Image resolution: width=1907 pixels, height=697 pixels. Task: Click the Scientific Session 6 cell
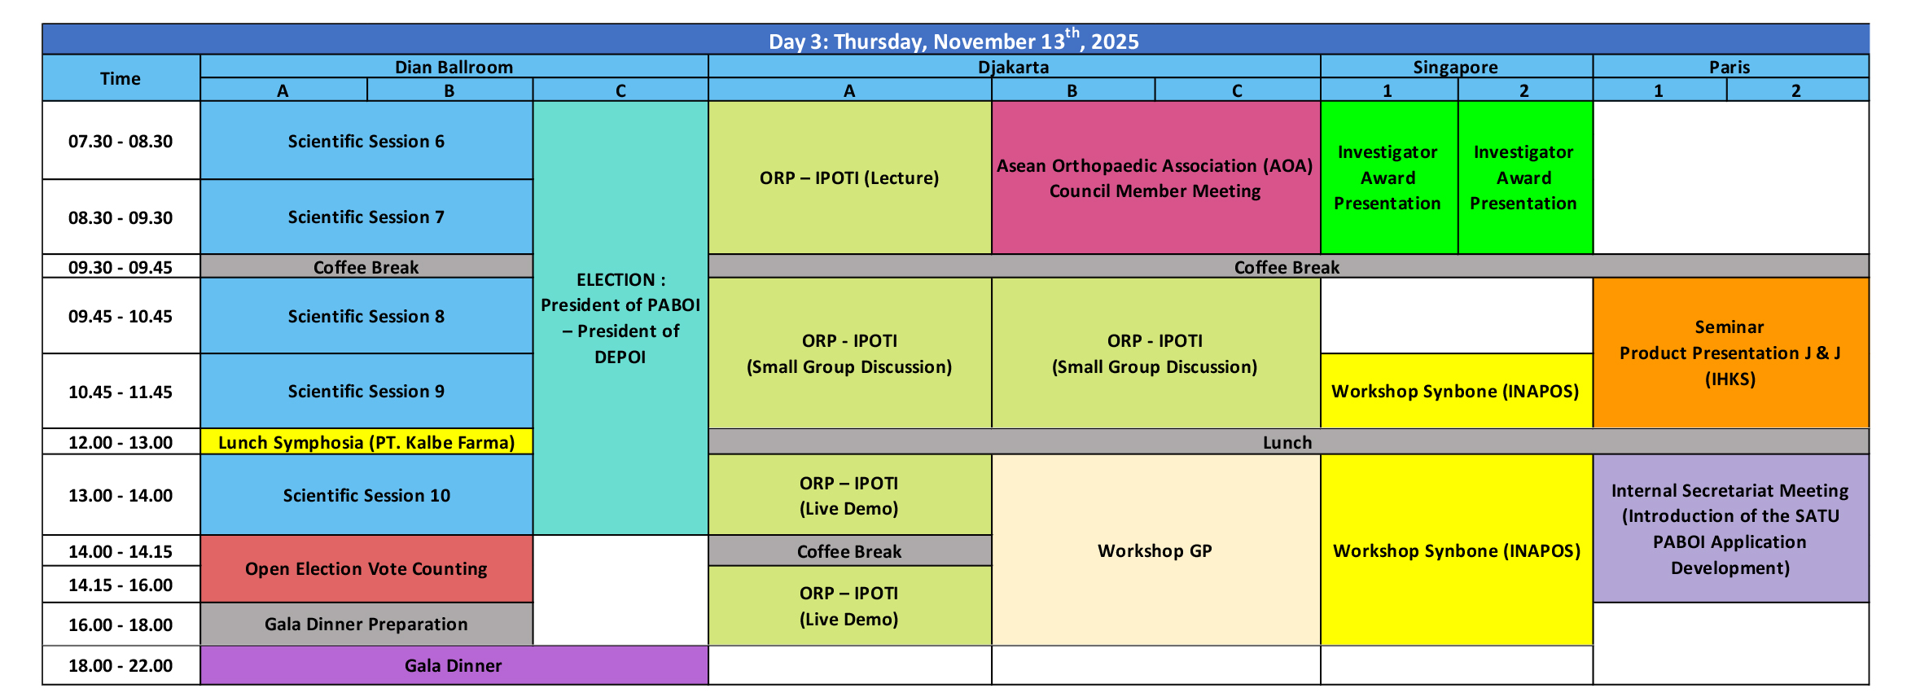(366, 141)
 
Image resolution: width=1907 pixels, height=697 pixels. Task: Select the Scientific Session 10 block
(366, 495)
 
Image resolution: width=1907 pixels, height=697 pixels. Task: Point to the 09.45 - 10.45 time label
(121, 317)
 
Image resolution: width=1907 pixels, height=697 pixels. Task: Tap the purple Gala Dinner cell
(454, 665)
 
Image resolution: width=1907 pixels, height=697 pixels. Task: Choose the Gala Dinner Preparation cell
(366, 625)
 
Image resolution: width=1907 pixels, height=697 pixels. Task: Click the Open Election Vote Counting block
(366, 569)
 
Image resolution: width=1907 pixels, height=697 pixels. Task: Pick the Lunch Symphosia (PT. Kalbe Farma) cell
(366, 442)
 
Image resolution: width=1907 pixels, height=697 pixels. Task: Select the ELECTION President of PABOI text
(620, 318)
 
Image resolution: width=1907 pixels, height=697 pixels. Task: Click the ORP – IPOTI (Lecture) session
(849, 178)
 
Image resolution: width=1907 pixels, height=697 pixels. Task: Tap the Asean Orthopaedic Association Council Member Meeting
(1155, 178)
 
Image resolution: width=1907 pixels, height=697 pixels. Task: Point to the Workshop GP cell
(1155, 550)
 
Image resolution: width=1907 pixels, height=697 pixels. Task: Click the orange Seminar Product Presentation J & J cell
(1730, 353)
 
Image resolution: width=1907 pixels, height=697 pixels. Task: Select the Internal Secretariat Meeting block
(1730, 528)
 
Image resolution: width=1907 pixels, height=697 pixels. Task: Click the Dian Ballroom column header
(454, 67)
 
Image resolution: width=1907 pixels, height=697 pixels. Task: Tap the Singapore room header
(1456, 67)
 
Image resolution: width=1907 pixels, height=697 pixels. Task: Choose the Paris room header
(1730, 67)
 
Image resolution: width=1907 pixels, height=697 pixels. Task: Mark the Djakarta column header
(1014, 67)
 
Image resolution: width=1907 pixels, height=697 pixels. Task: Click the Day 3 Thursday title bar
(955, 40)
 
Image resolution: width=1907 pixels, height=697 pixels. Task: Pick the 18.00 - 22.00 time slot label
(121, 666)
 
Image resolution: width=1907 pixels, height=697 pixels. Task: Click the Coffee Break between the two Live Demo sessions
(849, 551)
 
